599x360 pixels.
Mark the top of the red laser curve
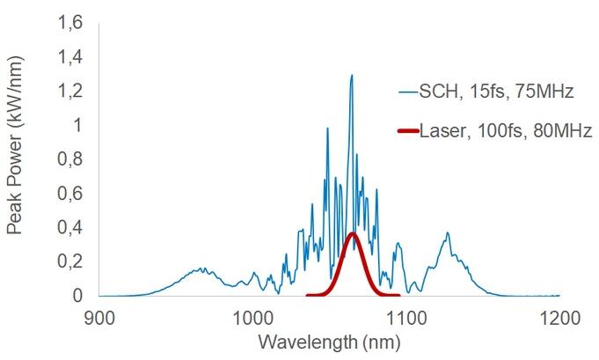pyautogui.click(x=353, y=233)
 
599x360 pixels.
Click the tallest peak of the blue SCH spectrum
pyautogui.click(x=352, y=76)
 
